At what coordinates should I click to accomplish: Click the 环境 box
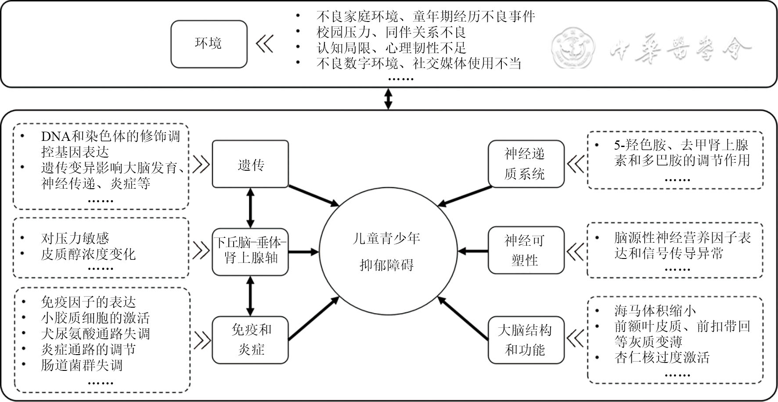(209, 44)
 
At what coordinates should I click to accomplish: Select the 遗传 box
(250, 164)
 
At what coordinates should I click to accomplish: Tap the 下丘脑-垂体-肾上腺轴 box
(250, 251)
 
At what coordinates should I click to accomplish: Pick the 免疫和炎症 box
(250, 340)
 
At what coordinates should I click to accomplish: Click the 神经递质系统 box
(526, 164)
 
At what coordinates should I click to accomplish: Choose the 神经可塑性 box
(526, 251)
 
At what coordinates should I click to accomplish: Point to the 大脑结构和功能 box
(526, 340)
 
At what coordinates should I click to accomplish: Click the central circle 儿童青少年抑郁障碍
(387, 251)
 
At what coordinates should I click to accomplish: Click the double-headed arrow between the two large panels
(388, 99)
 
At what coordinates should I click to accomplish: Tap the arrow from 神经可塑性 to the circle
(473, 251)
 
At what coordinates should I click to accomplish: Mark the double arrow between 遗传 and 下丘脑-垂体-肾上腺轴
(250, 208)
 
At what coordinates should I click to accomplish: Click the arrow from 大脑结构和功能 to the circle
(463, 319)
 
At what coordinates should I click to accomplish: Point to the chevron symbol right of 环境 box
(265, 44)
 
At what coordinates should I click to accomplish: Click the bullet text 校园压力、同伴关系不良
(391, 32)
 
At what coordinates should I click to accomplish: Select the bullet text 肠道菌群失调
(82, 365)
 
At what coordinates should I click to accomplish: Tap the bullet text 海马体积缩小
(655, 311)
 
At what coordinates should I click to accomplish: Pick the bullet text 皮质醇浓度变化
(88, 254)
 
